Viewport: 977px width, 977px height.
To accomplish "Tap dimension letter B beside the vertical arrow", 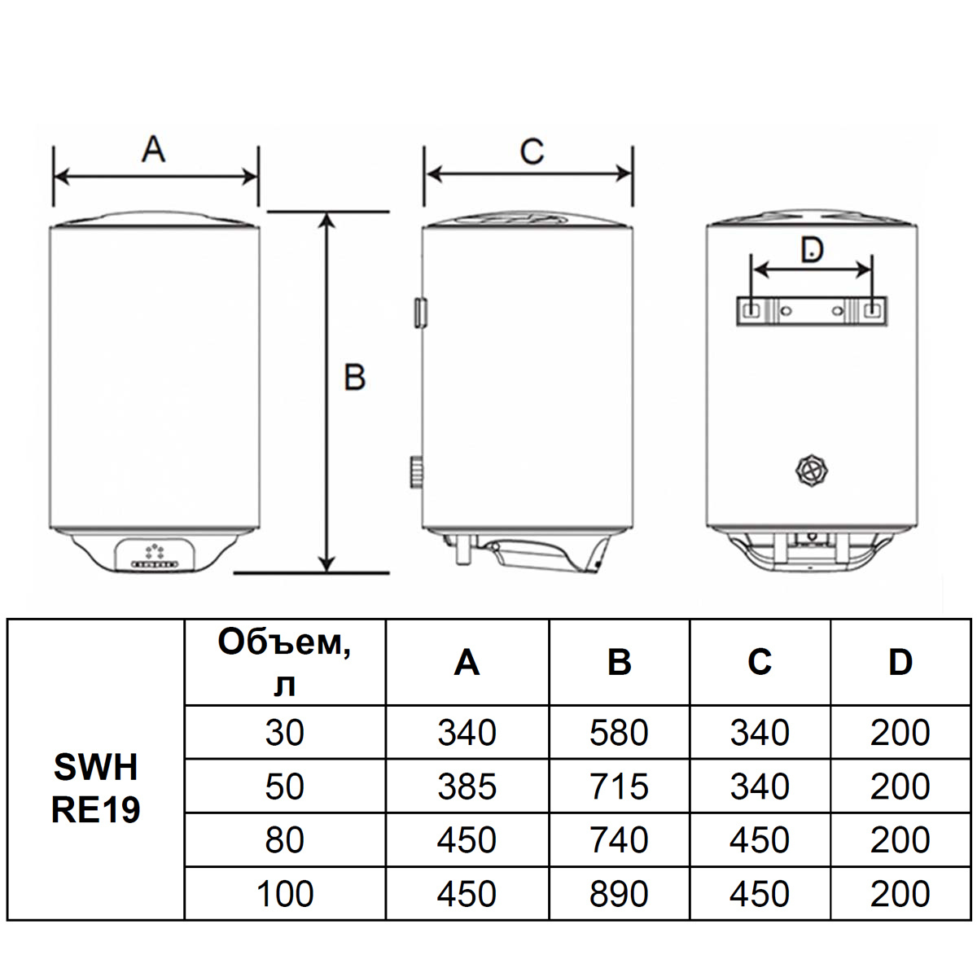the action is pyautogui.click(x=355, y=377).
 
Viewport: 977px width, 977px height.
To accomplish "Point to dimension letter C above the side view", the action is pyautogui.click(x=532, y=151).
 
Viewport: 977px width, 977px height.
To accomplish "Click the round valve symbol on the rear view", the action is pyautogui.click(x=812, y=471).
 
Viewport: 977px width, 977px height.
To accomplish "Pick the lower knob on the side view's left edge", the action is pyautogui.click(x=417, y=472).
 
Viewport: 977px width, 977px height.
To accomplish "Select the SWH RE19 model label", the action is pyautogui.click(x=95, y=788).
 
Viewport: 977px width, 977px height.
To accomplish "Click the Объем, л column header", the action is pyautogui.click(x=284, y=663).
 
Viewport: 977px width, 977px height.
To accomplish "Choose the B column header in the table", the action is pyautogui.click(x=619, y=662).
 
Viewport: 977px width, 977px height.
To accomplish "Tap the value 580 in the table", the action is pyautogui.click(x=619, y=733).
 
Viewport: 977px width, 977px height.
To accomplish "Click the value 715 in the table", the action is pyautogui.click(x=619, y=786).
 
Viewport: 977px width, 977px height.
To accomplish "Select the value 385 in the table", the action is pyautogui.click(x=467, y=786).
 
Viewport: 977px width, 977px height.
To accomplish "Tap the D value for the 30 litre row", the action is pyautogui.click(x=900, y=733).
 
